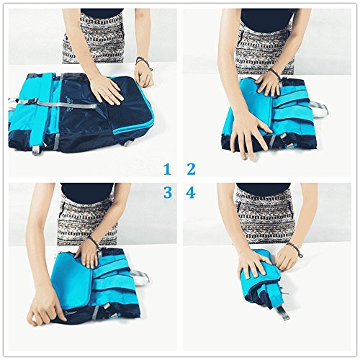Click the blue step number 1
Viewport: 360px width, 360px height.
click(167, 169)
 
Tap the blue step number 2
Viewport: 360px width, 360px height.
click(191, 169)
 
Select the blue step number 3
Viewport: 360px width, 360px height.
click(168, 192)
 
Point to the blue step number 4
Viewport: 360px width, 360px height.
click(191, 192)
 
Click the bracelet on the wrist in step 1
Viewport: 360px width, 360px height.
click(142, 62)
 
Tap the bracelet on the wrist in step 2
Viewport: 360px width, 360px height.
click(275, 73)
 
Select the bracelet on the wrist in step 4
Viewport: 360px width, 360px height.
click(294, 248)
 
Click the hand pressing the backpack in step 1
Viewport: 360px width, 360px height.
click(107, 89)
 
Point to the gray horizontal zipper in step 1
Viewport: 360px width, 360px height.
click(66, 104)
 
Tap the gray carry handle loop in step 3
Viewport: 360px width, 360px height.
click(140, 276)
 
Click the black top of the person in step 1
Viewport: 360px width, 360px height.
click(102, 13)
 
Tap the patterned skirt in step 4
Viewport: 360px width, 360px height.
click(265, 216)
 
